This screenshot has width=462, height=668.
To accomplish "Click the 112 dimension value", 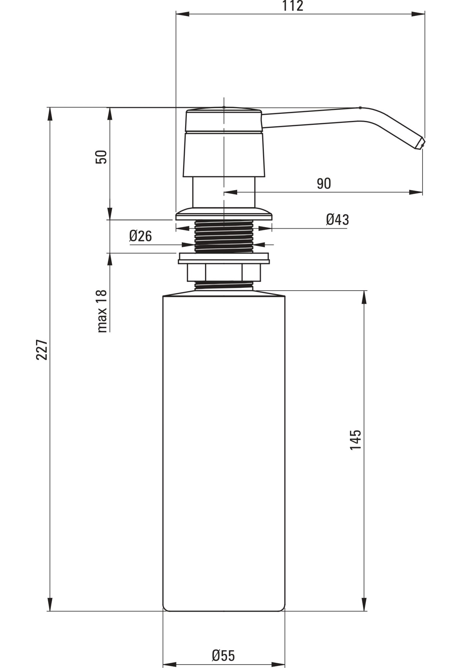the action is pyautogui.click(x=293, y=6).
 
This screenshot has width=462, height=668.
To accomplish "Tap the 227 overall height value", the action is pyautogui.click(x=42, y=350).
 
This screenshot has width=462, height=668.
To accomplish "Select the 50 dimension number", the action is pyautogui.click(x=101, y=157).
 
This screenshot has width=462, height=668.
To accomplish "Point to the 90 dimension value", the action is pyautogui.click(x=324, y=183).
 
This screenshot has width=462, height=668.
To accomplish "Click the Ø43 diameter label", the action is pyautogui.click(x=337, y=219).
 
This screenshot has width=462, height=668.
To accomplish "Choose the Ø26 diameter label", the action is pyautogui.click(x=140, y=236).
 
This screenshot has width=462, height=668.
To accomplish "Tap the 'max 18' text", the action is pyautogui.click(x=102, y=311).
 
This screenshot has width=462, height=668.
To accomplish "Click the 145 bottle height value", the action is pyautogui.click(x=356, y=440).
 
